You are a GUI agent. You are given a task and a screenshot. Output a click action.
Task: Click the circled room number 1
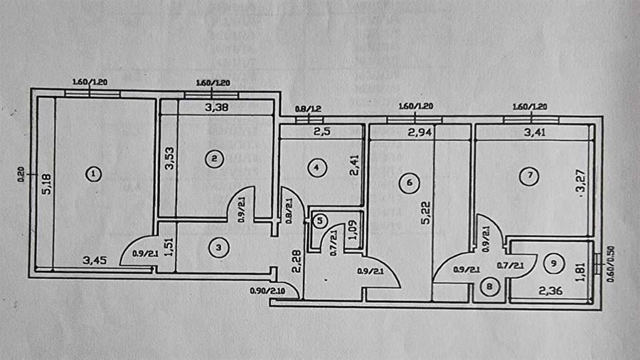(x=92, y=173)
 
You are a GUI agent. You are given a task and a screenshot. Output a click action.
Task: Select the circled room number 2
(x=212, y=159)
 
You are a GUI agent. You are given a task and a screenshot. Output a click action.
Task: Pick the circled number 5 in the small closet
(x=321, y=221)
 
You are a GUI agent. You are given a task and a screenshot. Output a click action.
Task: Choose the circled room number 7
(x=526, y=176)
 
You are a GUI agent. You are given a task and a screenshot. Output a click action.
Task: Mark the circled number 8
(x=489, y=288)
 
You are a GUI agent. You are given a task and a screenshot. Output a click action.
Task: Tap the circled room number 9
(x=555, y=263)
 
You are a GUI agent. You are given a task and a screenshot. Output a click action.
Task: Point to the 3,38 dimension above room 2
(x=216, y=108)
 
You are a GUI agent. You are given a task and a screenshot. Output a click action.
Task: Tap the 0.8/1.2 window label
(x=309, y=109)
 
